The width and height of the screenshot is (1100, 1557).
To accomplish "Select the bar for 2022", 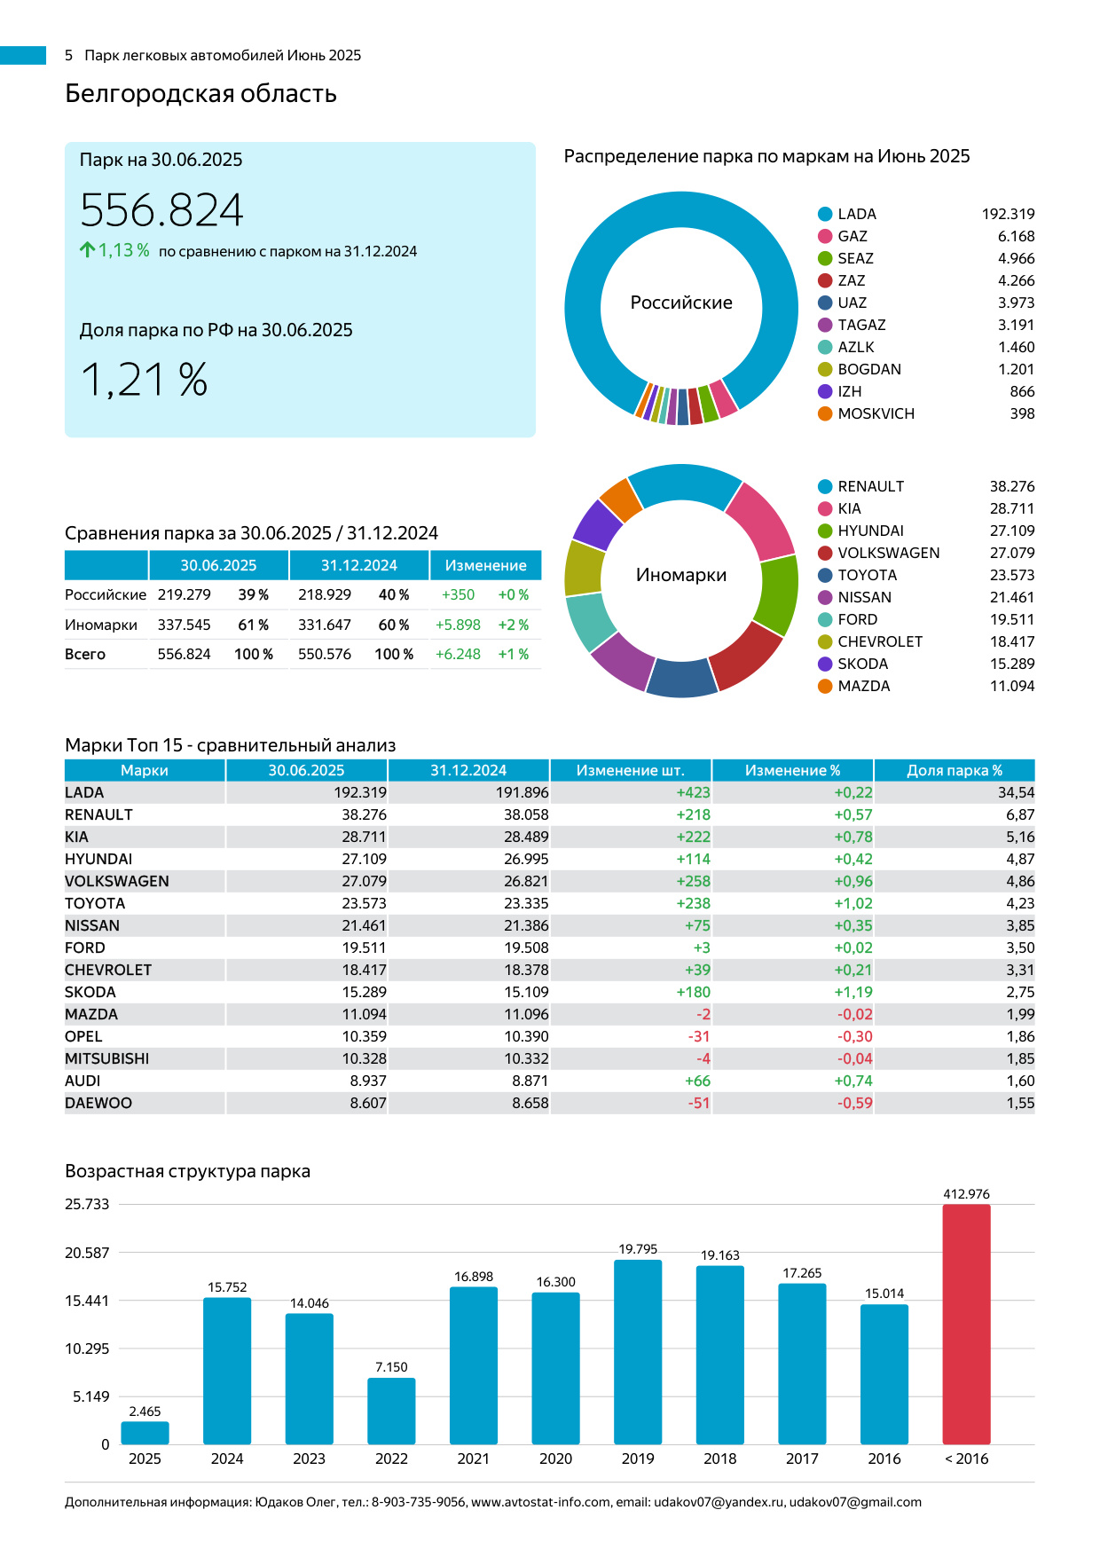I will (391, 1411).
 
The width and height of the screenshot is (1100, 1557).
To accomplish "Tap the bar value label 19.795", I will (638, 1249).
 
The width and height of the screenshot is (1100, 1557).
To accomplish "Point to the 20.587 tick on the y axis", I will (87, 1253).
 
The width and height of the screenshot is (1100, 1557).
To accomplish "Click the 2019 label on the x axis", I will (638, 1459).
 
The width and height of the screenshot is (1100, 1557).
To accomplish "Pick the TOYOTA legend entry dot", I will (825, 575).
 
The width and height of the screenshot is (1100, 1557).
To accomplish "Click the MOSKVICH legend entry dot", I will (825, 413).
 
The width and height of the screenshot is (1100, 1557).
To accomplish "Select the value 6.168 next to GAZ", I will (1016, 236).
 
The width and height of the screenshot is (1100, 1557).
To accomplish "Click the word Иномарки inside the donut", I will (681, 575).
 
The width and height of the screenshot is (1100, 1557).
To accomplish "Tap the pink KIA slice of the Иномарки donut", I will (762, 520).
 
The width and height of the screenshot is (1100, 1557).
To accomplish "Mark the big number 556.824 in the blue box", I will (161, 210).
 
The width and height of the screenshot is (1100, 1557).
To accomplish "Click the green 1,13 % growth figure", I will (123, 250).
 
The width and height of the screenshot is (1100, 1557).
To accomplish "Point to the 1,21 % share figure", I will (145, 380).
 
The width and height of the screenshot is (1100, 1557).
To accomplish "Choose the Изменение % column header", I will (792, 770).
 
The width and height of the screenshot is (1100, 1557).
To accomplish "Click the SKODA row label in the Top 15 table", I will (90, 992).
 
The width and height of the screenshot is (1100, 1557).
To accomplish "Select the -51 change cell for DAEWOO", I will (699, 1103).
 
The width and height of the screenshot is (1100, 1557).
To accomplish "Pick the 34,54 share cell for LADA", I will (1016, 792).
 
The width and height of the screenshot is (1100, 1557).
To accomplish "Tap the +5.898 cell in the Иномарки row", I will (458, 625).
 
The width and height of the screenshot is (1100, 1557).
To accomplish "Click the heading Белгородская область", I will (200, 93).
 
